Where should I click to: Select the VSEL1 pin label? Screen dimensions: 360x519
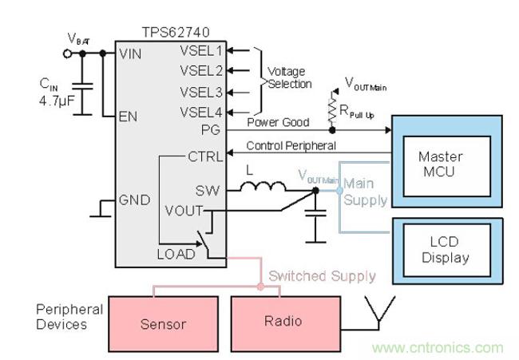(202, 50)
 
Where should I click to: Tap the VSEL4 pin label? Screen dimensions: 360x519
(202, 111)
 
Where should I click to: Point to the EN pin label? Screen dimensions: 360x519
(129, 116)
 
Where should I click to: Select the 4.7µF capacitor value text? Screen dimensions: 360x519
(59, 101)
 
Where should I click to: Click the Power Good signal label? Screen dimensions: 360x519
(279, 122)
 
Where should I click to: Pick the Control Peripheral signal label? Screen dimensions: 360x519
(291, 146)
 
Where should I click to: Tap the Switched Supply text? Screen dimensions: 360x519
(322, 275)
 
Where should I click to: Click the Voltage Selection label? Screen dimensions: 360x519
(288, 77)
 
